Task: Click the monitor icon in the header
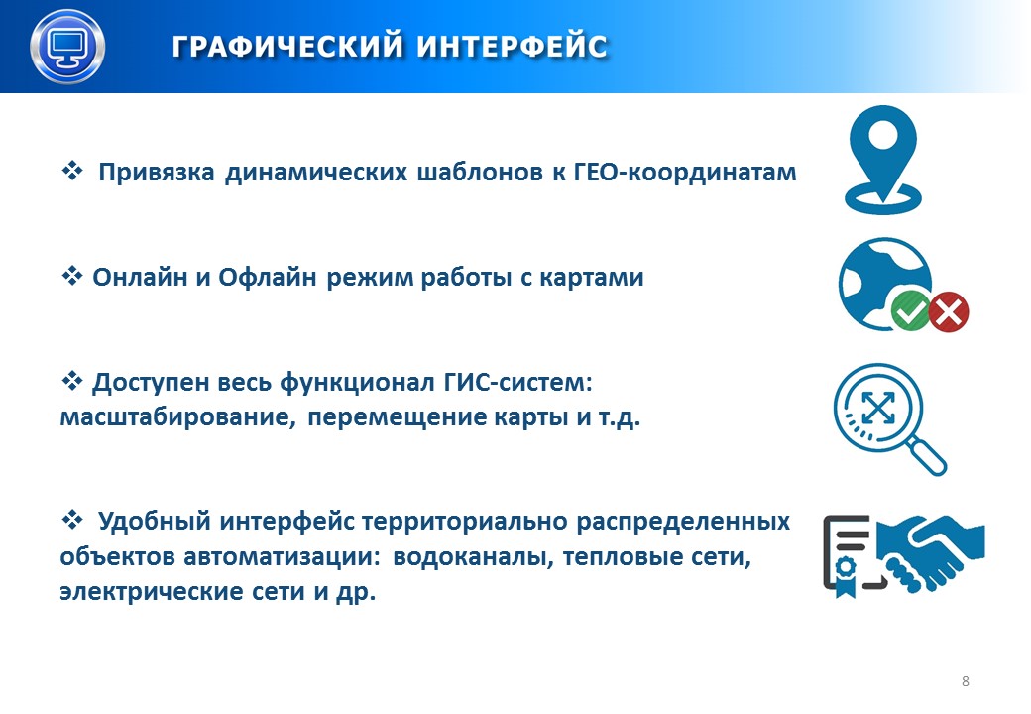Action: pyautogui.click(x=67, y=47)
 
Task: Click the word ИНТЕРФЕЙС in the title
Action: pyautogui.click(x=513, y=47)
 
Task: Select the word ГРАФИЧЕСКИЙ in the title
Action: pyautogui.click(x=288, y=47)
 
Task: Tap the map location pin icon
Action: pyautogui.click(x=883, y=160)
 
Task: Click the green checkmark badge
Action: pyautogui.click(x=910, y=311)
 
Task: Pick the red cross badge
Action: pyautogui.click(x=949, y=311)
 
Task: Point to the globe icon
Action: pyautogui.click(x=883, y=284)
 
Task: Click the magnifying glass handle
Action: pyautogui.click(x=926, y=455)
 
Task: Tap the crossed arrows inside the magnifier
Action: pyautogui.click(x=878, y=408)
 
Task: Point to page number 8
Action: pyautogui.click(x=966, y=681)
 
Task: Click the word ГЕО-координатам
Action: pyautogui.click(x=685, y=173)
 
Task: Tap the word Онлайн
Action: pyautogui.click(x=140, y=278)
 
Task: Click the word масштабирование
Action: pyautogui.click(x=177, y=417)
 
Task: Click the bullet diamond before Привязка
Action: pyautogui.click(x=72, y=171)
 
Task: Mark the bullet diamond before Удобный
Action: pyautogui.click(x=72, y=520)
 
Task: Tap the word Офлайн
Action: pyautogui.click(x=268, y=278)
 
